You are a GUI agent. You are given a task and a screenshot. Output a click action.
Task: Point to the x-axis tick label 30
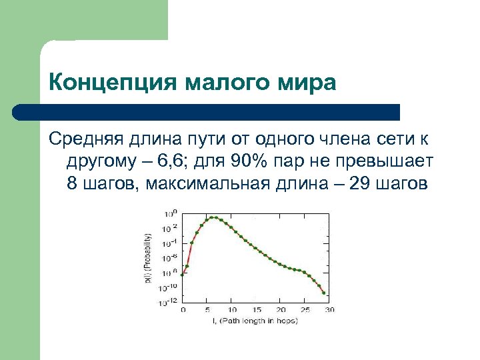click(329, 309)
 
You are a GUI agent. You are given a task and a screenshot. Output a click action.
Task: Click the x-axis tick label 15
click(256, 309)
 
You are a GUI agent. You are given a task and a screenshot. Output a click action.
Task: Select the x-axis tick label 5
click(207, 309)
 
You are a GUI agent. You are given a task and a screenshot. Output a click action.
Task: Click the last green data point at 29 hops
click(324, 293)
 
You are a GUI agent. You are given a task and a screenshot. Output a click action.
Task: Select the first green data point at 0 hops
click(183, 273)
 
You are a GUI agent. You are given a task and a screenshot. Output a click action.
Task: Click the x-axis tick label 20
click(280, 309)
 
